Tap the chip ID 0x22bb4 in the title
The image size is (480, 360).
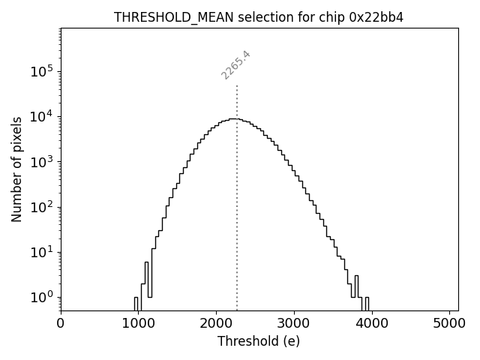tap(376, 17)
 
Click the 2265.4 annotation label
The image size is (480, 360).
tap(235, 64)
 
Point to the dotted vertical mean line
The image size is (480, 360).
tap(237, 225)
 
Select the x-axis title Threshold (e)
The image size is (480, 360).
tap(259, 341)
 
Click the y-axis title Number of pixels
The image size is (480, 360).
tap(16, 169)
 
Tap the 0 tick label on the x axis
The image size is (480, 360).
tap(61, 324)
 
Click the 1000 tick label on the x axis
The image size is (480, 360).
tap(139, 324)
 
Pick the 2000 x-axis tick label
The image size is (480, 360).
tap(216, 324)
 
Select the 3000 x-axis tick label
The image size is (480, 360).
tap(294, 324)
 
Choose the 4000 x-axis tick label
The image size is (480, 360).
tap(372, 324)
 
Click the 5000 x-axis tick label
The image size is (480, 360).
tap(449, 324)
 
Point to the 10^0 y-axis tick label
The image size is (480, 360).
tap(42, 297)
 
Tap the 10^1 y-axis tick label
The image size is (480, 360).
tap(42, 252)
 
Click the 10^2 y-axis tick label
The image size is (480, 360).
tap(42, 207)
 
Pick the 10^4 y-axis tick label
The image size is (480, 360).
tap(42, 116)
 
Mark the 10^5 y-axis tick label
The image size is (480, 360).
tap(42, 71)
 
